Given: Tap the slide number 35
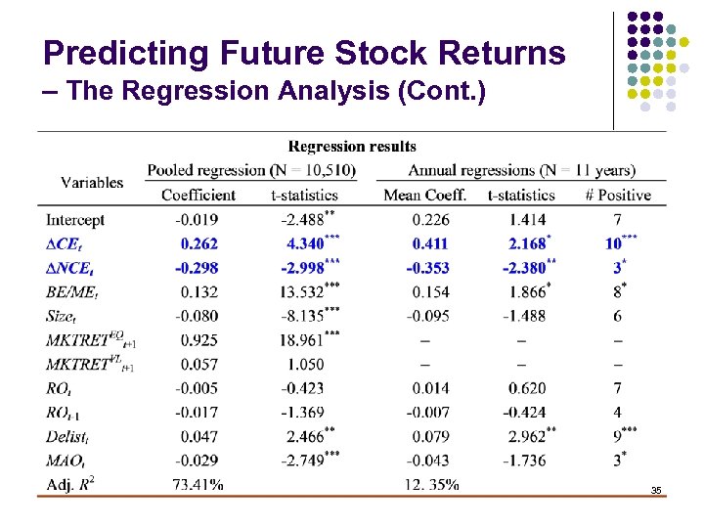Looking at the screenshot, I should (656, 489).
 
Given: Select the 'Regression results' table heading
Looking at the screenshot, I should (352, 147).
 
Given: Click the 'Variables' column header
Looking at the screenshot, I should (92, 182).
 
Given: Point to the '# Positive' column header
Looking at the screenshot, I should (617, 196).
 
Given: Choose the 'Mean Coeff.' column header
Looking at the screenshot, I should (424, 196).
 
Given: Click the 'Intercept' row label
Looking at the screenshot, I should (75, 220).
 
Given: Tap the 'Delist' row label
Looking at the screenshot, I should (67, 436).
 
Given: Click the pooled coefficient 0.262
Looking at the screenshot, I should (198, 243).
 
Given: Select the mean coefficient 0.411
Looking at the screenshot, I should (430, 243).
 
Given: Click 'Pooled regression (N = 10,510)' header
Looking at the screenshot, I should (251, 171).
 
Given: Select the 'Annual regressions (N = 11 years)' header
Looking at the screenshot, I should (521, 171).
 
